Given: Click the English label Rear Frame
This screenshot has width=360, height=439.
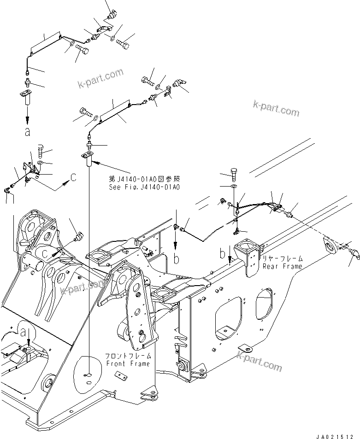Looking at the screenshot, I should pyautogui.click(x=282, y=266).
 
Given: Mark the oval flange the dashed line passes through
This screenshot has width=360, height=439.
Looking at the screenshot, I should pyautogui.click(x=331, y=244).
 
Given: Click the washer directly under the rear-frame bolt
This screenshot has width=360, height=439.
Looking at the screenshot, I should pyautogui.click(x=234, y=186).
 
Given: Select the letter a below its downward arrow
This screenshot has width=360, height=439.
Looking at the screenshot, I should pyautogui.click(x=27, y=132).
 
